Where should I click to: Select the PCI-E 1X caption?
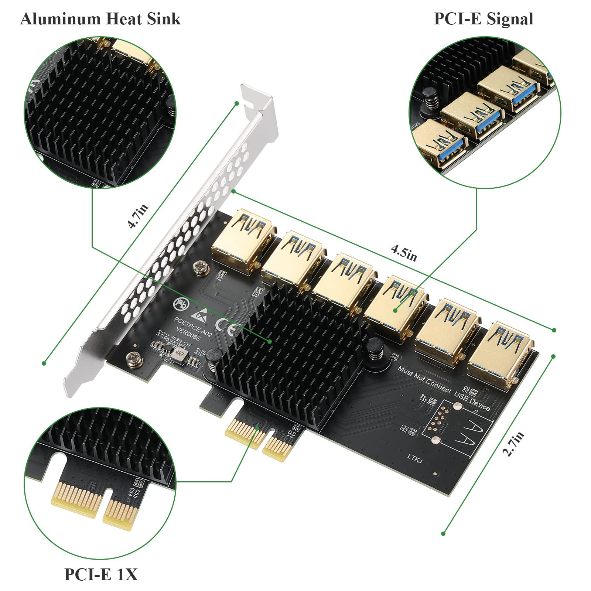click(101, 574)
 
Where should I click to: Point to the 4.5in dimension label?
click(404, 253)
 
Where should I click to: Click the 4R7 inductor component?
click(181, 353)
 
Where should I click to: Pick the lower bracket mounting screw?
click(133, 357)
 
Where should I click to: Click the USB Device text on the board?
click(472, 401)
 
